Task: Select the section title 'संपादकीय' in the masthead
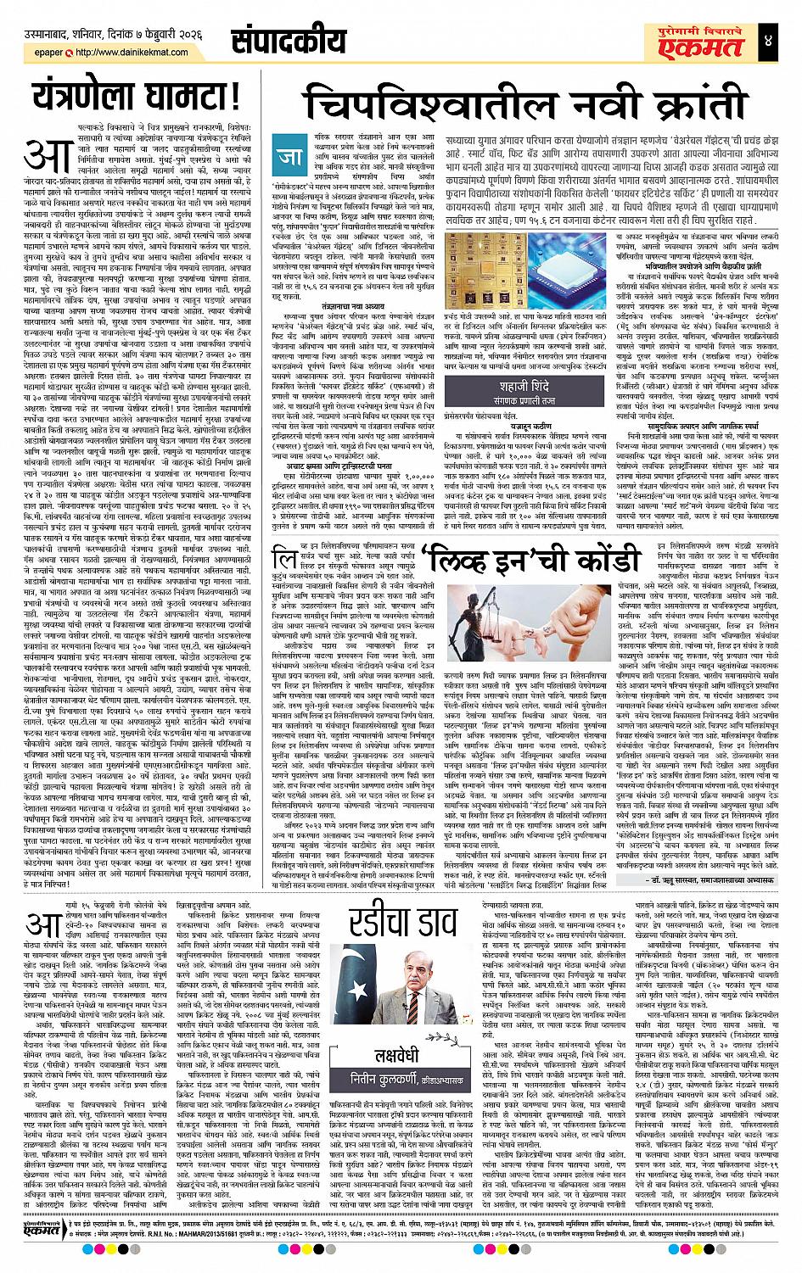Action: pos(278,39)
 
